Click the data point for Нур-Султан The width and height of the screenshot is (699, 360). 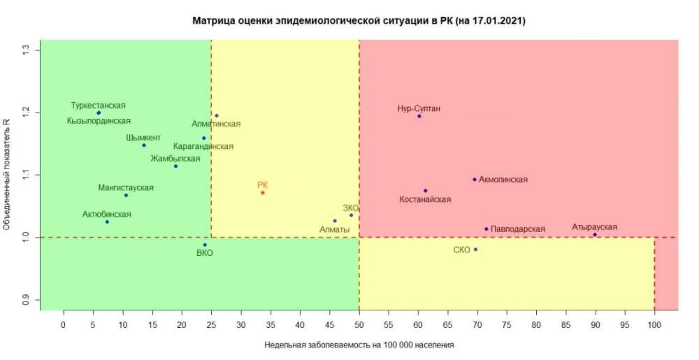click(x=419, y=116)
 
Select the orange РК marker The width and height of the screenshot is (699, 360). click(x=263, y=192)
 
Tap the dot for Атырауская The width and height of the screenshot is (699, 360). click(x=595, y=235)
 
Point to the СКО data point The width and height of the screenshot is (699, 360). click(x=475, y=250)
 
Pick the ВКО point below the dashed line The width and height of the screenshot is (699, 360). click(x=205, y=245)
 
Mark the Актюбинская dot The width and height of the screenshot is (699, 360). click(x=107, y=222)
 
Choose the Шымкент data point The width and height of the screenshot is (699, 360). click(x=144, y=145)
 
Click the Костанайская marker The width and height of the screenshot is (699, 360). click(x=425, y=190)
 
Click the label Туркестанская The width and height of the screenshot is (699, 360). click(x=99, y=106)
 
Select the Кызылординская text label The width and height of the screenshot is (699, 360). click(x=99, y=121)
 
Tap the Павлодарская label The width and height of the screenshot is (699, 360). click(x=517, y=229)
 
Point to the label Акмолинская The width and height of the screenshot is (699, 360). click(x=503, y=180)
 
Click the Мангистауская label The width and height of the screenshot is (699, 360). click(x=126, y=187)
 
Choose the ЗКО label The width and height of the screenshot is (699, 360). click(x=351, y=208)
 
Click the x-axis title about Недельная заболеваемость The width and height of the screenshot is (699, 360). click(x=359, y=345)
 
